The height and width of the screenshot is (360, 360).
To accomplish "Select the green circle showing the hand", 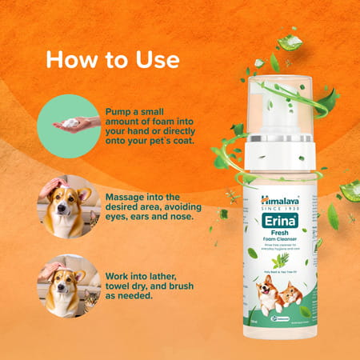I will coord(69,124).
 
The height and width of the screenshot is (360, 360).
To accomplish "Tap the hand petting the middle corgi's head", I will coord(52,190).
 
